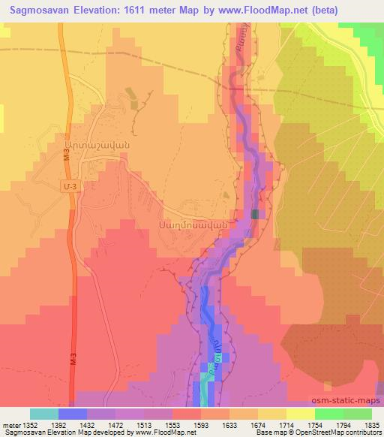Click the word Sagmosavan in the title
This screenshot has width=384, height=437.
(x=37, y=11)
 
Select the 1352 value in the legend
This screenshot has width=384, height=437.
(x=31, y=424)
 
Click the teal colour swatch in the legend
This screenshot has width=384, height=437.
(x=44, y=413)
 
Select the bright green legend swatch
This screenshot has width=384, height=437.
(x=328, y=413)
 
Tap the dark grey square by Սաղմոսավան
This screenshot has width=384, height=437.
(x=256, y=215)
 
